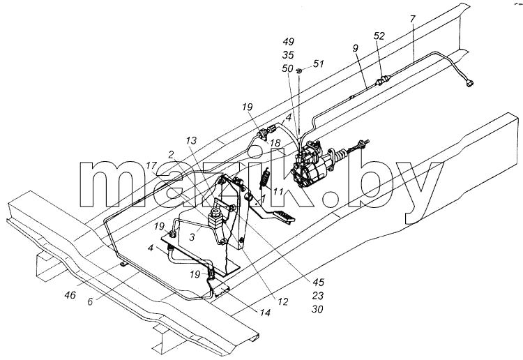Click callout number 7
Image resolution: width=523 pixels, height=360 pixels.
(x=413, y=19)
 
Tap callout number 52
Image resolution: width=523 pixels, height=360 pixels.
(x=379, y=36)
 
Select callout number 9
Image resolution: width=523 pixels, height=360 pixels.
(x=355, y=48)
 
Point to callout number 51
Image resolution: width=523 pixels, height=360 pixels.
(x=318, y=63)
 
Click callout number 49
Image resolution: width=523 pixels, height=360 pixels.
(x=288, y=42)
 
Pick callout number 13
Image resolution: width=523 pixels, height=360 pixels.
(x=192, y=140)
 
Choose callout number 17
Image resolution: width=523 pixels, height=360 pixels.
(x=151, y=165)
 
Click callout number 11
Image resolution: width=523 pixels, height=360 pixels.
(x=278, y=191)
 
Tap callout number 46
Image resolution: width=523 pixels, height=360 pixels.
(x=70, y=295)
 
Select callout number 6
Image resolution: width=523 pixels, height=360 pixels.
(x=91, y=301)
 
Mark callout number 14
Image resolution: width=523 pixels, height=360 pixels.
(x=264, y=313)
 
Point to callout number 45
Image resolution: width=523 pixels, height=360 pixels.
(x=318, y=283)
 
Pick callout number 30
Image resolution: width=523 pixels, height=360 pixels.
(x=317, y=309)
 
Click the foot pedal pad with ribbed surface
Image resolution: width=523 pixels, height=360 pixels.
(x=285, y=216)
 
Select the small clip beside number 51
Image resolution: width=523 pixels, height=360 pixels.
(x=299, y=70)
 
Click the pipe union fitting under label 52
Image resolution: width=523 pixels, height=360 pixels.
(x=381, y=81)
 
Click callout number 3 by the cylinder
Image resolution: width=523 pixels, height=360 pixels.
(x=192, y=238)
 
